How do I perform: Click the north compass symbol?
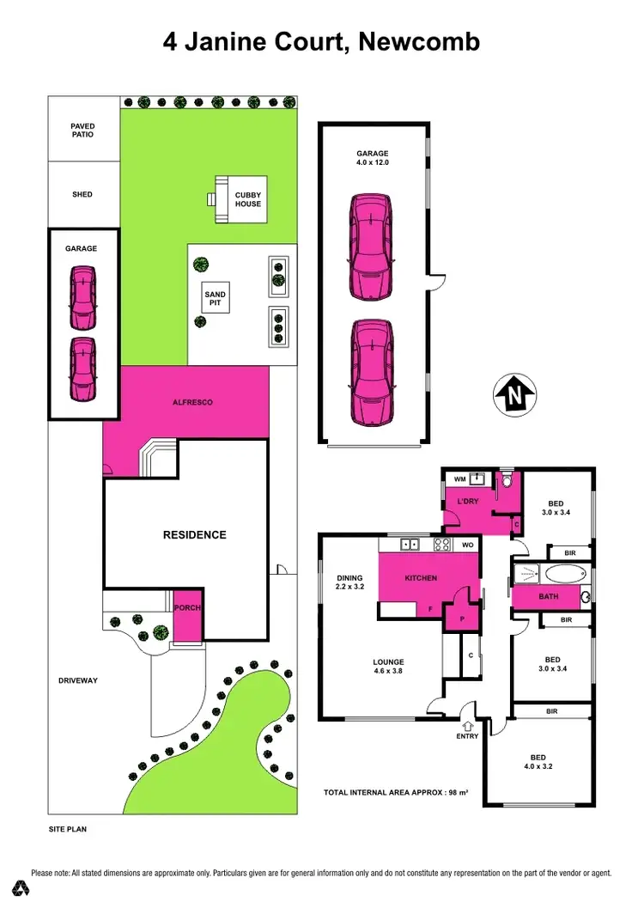[514, 396]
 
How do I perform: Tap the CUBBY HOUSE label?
[248, 199]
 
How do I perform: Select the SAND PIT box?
[215, 299]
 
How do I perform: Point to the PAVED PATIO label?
[82, 131]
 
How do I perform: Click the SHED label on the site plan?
[82, 194]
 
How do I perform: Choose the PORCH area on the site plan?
[187, 608]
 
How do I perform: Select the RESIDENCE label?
[195, 534]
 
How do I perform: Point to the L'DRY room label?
[467, 500]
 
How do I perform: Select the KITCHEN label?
[421, 578]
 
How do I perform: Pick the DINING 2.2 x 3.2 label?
[349, 583]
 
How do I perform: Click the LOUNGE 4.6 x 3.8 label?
[388, 667]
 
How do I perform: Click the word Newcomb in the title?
[420, 41]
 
